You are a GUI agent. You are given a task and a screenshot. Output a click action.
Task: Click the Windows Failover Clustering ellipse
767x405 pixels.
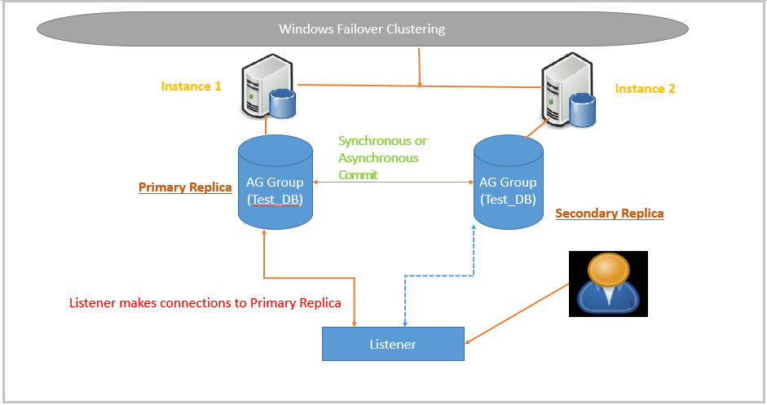362,29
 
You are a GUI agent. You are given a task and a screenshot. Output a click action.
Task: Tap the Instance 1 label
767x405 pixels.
191,86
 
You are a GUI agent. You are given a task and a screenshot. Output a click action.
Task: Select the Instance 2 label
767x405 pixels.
645,89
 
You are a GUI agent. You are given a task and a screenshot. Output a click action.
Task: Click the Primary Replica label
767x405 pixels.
185,187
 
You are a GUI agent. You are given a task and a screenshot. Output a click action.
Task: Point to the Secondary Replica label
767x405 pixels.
609,214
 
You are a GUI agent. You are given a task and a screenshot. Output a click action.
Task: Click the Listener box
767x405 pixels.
393,344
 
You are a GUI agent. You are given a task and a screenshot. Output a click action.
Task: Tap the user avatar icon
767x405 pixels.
608,284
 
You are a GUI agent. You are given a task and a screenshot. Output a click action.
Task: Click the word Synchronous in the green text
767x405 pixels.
382,141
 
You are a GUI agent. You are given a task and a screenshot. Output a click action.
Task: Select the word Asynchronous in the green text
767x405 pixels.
378,158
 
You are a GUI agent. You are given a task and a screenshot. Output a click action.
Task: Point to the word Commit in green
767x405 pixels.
358,174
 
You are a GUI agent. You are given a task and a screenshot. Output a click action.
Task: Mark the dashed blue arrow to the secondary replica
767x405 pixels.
440,275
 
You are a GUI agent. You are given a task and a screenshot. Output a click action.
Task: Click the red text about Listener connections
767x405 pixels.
205,303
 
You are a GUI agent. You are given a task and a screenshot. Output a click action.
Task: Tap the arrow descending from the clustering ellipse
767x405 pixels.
419,66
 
